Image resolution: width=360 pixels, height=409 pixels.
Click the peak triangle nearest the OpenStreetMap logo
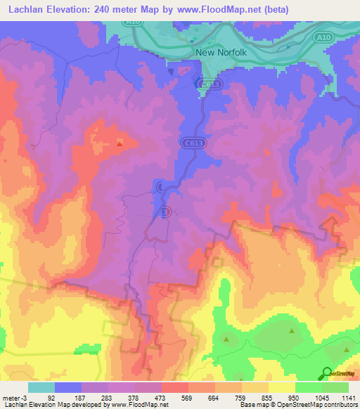(346, 349)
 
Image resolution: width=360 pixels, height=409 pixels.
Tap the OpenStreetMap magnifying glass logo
(327, 373)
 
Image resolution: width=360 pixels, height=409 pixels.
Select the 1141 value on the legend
(348, 397)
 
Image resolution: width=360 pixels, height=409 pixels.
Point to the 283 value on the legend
(108, 397)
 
